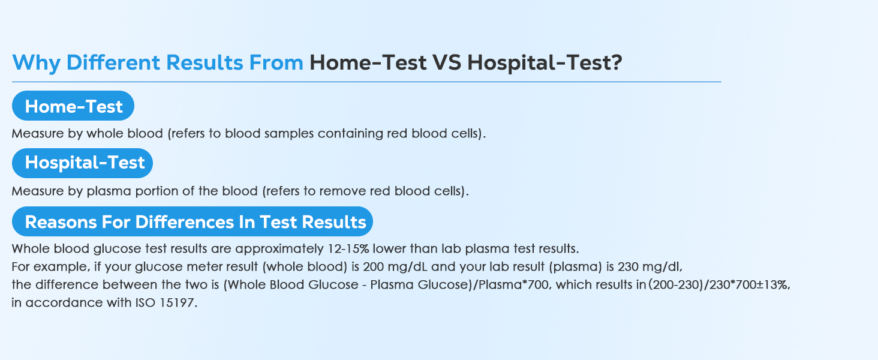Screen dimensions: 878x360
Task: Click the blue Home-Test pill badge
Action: pos(73,106)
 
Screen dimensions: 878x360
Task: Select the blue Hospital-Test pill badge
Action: pos(82,163)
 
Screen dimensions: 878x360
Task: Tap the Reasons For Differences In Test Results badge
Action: pos(193,221)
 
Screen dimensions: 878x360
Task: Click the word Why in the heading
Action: pos(37,63)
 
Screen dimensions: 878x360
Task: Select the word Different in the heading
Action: pos(113,62)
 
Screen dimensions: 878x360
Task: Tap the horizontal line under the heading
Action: pos(366,82)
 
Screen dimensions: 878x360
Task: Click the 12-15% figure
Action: pos(348,248)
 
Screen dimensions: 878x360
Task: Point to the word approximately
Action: pos(279,249)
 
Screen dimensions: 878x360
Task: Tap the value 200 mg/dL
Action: pos(395,267)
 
